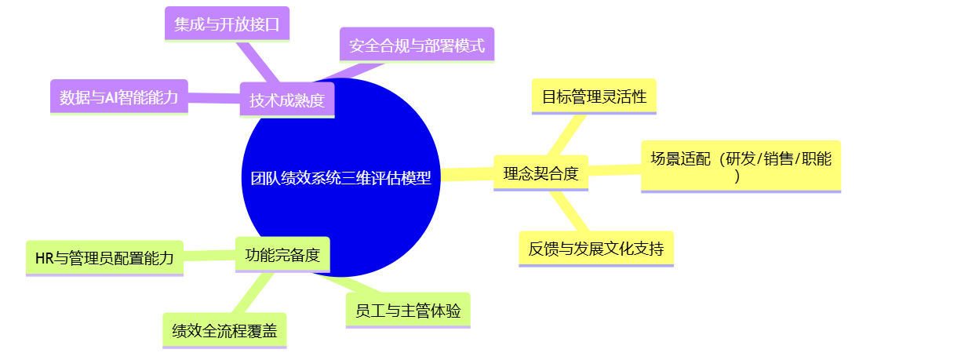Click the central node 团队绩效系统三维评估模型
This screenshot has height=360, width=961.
[x=341, y=177]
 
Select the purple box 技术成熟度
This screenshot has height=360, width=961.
[x=287, y=100]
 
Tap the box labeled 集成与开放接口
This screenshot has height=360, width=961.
[x=227, y=24]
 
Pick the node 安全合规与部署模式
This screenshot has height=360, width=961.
[x=417, y=45]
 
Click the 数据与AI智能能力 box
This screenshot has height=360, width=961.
[x=118, y=97]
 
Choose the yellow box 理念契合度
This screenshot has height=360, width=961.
[x=541, y=173]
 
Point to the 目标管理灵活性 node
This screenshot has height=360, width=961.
[x=594, y=96]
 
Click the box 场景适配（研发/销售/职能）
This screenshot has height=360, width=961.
[x=741, y=166]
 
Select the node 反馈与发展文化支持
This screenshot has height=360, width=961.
[x=596, y=249]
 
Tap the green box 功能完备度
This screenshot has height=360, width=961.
[x=282, y=254]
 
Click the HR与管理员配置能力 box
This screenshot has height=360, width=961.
[x=104, y=258]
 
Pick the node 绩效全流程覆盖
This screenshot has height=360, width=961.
[x=224, y=330]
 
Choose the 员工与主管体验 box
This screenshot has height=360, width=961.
[x=408, y=311]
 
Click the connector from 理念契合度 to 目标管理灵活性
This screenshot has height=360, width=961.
[x=566, y=135]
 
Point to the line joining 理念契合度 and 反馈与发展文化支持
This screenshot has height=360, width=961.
[x=570, y=211]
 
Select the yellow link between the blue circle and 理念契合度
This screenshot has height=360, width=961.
[x=468, y=174]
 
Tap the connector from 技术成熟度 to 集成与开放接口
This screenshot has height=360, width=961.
[x=257, y=62]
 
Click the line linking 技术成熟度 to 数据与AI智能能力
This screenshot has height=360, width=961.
[x=213, y=98]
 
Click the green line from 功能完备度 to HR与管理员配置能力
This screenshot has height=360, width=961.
[x=209, y=256]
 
